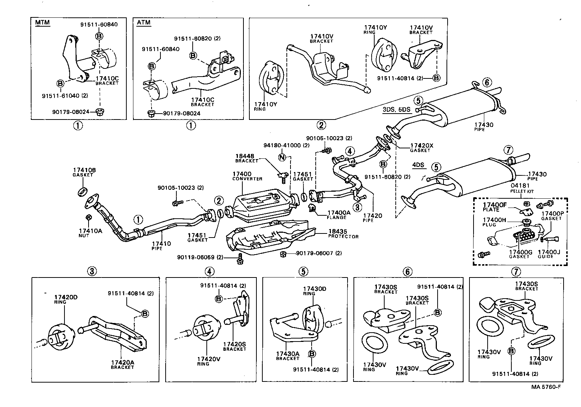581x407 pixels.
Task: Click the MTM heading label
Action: tap(42, 23)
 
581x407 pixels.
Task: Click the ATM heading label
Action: tap(144, 23)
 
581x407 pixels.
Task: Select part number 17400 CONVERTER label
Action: tap(247, 176)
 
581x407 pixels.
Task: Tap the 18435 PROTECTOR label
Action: tap(343, 234)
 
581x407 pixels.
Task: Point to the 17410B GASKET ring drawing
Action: tap(82, 192)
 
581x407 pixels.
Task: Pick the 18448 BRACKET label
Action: tap(247, 158)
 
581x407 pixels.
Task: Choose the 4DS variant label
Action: tap(418, 165)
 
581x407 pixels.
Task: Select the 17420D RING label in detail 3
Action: tap(65, 299)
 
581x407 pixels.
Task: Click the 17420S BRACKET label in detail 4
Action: tap(234, 346)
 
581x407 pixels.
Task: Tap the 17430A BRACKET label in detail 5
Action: tap(288, 356)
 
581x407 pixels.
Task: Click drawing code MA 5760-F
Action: tap(546, 387)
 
